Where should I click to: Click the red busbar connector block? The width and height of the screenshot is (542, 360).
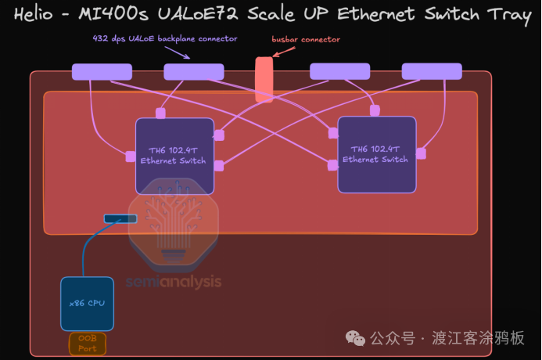[x=264, y=79]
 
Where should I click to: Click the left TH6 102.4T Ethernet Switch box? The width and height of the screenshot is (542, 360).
[x=174, y=155]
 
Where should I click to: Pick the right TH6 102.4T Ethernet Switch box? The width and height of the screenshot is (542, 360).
[x=376, y=154]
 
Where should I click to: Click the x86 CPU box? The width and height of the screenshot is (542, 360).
[x=87, y=303]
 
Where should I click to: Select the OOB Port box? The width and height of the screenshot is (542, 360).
[x=87, y=344]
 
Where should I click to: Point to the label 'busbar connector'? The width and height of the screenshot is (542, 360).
[x=306, y=39]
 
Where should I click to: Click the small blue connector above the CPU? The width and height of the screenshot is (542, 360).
[x=120, y=218]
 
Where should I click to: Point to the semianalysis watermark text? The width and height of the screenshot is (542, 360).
[x=174, y=282]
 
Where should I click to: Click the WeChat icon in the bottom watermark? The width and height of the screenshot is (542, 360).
[x=356, y=338]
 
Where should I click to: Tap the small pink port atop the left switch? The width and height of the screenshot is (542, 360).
[x=160, y=113]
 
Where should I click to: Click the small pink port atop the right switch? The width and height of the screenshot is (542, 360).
[x=375, y=110]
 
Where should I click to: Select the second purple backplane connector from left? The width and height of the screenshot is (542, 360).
[x=193, y=72]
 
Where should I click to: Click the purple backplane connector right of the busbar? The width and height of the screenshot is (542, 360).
[x=339, y=72]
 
